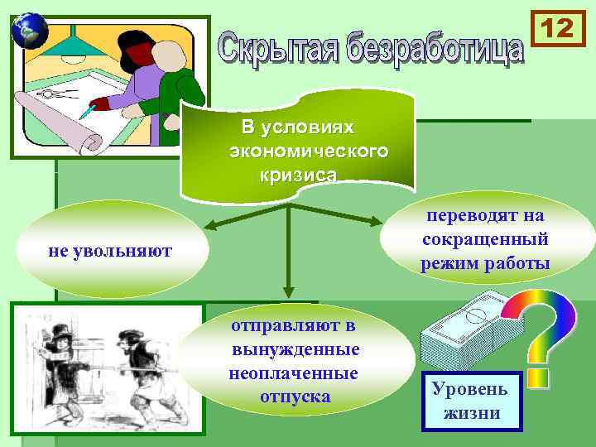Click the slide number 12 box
coord(557,30)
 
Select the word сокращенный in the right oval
coord(485,240)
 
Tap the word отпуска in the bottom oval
coord(295,397)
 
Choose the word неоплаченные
coord(294,373)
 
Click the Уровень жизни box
coord(472,400)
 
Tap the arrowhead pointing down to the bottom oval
coord(287,291)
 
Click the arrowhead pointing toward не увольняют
coord(212,225)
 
